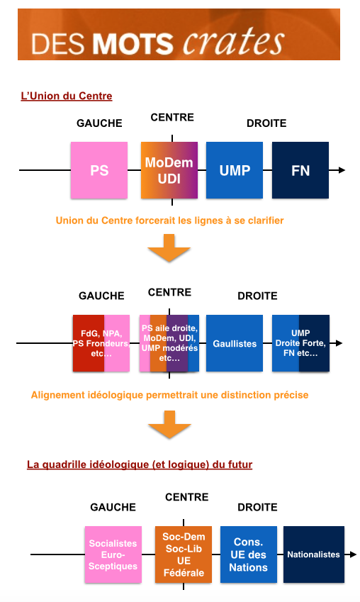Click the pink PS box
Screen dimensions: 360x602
(x=99, y=170)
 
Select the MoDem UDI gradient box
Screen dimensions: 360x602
(x=169, y=170)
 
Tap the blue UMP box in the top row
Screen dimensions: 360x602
(x=235, y=170)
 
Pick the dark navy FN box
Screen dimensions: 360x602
(x=300, y=170)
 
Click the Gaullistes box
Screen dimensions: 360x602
(x=235, y=343)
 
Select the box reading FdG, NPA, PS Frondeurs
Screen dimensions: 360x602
(x=101, y=343)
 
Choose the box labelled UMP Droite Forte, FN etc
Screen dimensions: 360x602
(x=300, y=343)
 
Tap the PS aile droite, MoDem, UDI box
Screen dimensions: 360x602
(x=169, y=343)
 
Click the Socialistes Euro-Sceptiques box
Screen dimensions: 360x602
(x=113, y=554)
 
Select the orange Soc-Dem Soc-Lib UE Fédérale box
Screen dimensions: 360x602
(x=184, y=554)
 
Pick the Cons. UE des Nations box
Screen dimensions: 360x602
(x=249, y=554)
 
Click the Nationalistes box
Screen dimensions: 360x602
(x=313, y=554)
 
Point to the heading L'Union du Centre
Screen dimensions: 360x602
(x=67, y=96)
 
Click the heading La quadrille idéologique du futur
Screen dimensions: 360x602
(x=140, y=464)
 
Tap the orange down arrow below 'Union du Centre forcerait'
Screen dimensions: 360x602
(x=169, y=248)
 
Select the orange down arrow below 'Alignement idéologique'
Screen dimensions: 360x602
(x=169, y=424)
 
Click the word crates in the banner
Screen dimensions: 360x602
(x=234, y=40)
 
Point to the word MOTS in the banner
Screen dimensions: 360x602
(x=133, y=43)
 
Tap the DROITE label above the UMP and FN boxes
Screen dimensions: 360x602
(x=266, y=123)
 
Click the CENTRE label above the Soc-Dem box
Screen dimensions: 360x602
(x=187, y=497)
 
